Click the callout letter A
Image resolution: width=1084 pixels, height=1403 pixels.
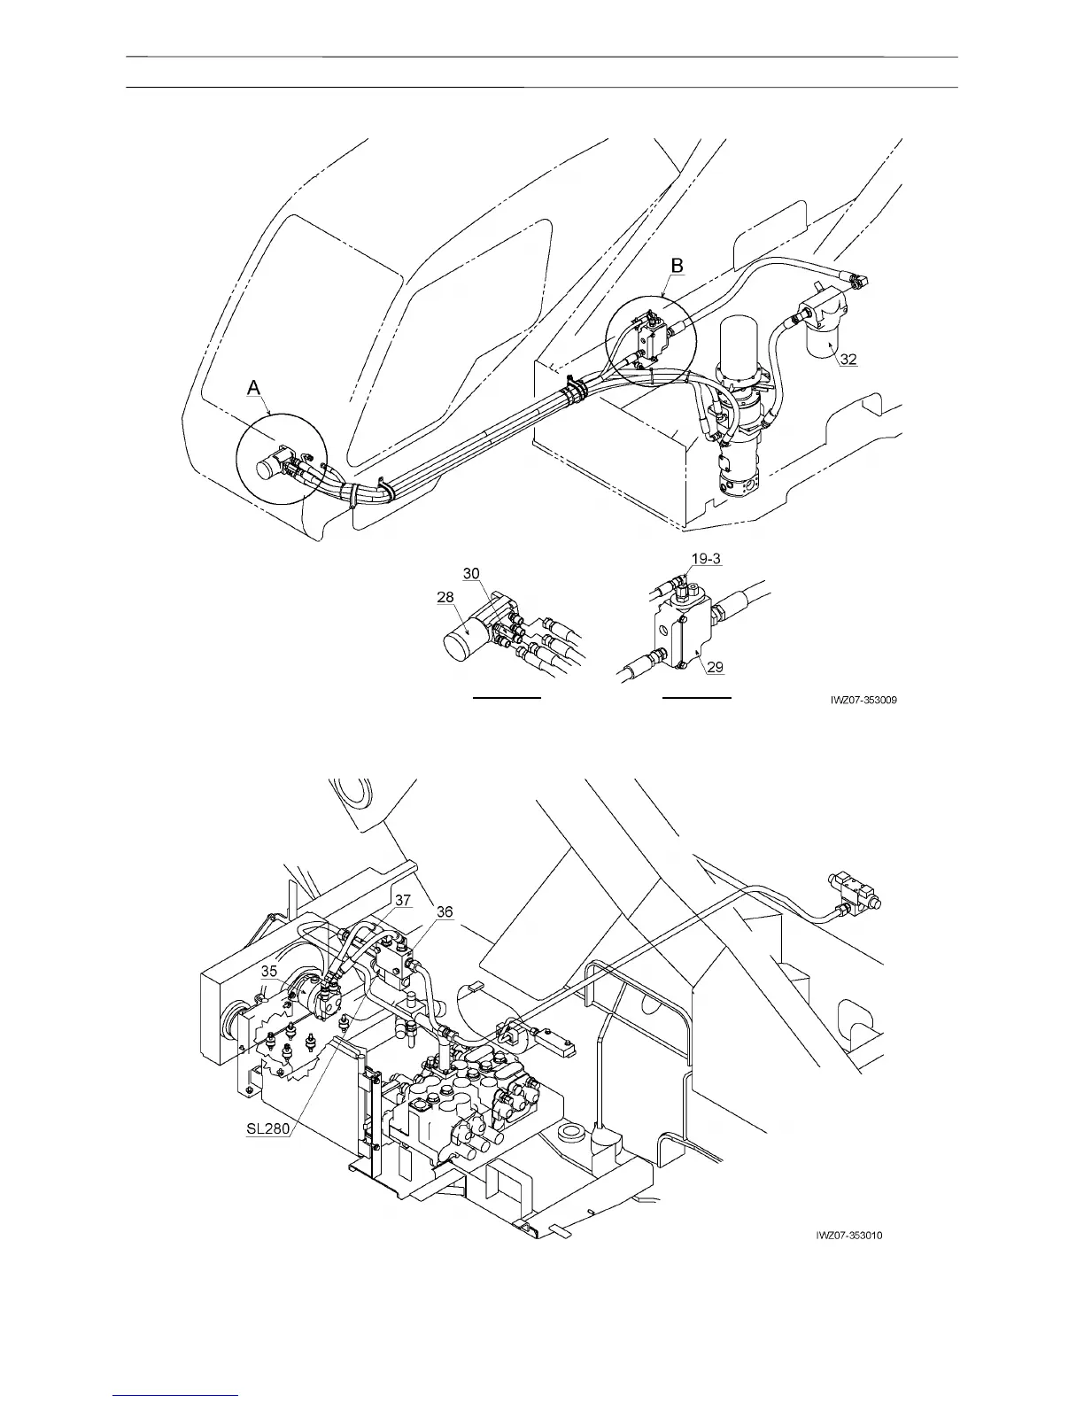click(254, 387)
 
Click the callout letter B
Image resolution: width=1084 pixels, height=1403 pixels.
click(677, 265)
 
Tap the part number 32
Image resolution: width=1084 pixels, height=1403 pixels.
click(848, 359)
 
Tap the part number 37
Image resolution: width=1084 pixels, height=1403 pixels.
click(403, 900)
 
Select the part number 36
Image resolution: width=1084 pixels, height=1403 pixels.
click(445, 911)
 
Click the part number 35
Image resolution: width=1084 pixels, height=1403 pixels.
click(269, 971)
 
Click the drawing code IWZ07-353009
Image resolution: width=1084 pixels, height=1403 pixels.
click(864, 700)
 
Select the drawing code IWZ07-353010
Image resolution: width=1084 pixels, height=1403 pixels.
click(850, 1236)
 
